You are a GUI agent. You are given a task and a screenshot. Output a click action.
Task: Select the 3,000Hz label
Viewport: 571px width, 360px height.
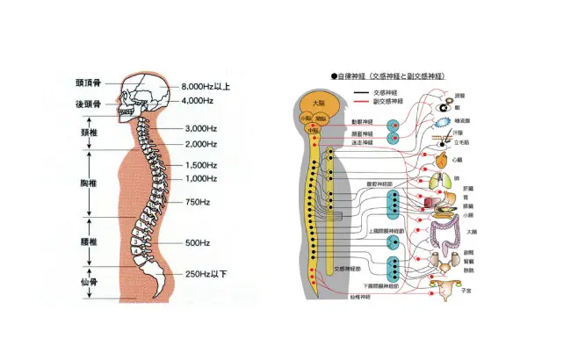pyautogui.click(x=201, y=129)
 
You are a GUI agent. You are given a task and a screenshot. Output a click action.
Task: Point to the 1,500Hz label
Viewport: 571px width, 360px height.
pyautogui.click(x=201, y=165)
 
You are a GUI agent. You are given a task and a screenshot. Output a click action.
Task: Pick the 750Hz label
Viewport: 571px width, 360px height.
pyautogui.click(x=197, y=203)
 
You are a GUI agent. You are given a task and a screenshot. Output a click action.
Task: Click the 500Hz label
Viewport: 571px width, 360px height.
pyautogui.click(x=197, y=242)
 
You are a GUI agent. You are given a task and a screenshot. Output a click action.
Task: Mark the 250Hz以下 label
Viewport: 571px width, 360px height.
pyautogui.click(x=206, y=275)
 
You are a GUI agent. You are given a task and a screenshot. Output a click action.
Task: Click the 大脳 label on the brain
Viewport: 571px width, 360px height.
pyautogui.click(x=317, y=103)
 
